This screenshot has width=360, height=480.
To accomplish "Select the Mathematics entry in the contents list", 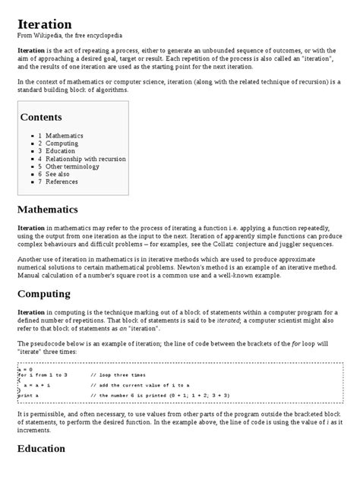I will [x=65, y=135].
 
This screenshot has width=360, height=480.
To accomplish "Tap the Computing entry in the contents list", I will [x=62, y=143].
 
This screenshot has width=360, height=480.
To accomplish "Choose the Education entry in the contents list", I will [x=61, y=151].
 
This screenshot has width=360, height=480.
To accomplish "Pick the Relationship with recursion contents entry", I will [x=85, y=159].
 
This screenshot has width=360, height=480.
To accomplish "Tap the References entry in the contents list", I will [x=62, y=182].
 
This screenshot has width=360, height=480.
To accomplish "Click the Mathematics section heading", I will [x=58, y=209].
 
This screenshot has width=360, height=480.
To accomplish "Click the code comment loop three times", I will [x=117, y=375].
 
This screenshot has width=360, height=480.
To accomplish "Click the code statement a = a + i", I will [x=38, y=385].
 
